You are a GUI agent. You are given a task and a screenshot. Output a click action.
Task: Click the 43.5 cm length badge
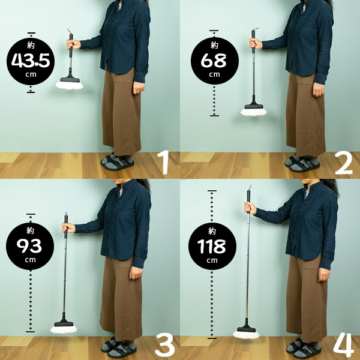(x=31, y=62)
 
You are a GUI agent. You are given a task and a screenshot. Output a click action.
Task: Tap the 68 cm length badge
(x=215, y=61)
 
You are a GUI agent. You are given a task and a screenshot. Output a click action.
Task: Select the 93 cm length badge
(x=30, y=246)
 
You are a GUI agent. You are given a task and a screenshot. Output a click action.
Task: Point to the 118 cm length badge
(x=212, y=246)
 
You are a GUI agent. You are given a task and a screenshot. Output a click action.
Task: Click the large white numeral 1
(x=164, y=162)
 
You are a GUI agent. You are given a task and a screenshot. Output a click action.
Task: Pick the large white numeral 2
(x=343, y=163)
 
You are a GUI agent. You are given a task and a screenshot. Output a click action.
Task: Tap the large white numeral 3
(x=165, y=345)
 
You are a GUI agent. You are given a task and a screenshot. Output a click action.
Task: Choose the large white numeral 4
(x=343, y=345)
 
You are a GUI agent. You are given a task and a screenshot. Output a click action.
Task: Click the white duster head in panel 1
(x=70, y=85)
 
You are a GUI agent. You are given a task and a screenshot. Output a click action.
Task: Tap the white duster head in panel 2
(x=253, y=112)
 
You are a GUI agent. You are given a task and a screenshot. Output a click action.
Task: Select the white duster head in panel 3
(x=64, y=329)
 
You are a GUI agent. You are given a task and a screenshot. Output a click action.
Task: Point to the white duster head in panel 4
(x=247, y=335)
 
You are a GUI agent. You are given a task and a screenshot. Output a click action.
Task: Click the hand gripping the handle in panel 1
(x=73, y=44)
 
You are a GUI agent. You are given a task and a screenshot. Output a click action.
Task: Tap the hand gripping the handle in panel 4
(x=250, y=208)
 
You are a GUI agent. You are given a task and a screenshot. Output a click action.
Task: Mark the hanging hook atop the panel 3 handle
(x=66, y=214)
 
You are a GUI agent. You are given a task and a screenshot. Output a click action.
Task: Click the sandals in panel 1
(x=118, y=161)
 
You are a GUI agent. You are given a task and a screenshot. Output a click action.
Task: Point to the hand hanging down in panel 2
(x=319, y=89)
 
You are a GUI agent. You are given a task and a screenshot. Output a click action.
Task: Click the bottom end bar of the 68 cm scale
(x=214, y=116)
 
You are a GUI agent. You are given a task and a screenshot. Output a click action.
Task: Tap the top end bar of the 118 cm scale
(x=212, y=191)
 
